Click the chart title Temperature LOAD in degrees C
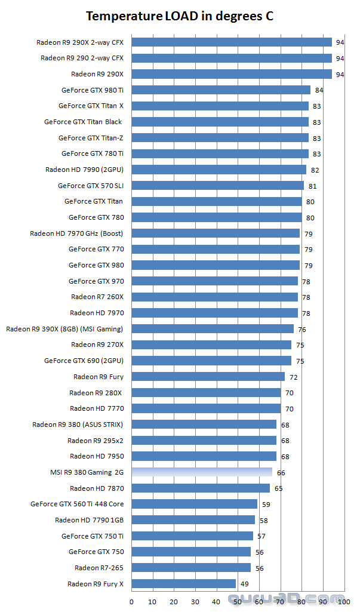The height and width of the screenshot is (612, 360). tap(180, 16)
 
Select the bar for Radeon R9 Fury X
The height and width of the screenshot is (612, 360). tap(183, 583)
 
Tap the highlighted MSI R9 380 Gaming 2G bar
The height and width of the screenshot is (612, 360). tap(201, 472)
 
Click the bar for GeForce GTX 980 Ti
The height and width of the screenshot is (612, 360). tap(221, 90)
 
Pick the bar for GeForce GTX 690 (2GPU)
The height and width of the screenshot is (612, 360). tap(211, 361)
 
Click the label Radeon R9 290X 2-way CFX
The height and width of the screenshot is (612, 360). tap(80, 42)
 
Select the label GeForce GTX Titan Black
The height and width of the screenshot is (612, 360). tap(83, 122)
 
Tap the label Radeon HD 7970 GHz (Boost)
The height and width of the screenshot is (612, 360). tap(76, 233)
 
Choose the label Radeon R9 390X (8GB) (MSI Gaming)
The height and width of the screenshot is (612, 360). tap(64, 329)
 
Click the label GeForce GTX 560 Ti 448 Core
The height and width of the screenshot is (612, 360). tap(77, 504)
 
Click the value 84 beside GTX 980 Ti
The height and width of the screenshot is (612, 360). tap(319, 91)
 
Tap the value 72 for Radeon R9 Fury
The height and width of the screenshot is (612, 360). tap(294, 377)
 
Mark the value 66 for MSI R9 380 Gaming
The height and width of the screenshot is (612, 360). tap(281, 473)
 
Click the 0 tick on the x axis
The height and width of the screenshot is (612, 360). tap(131, 601)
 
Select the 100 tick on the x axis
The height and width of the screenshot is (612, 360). tap(344, 601)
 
